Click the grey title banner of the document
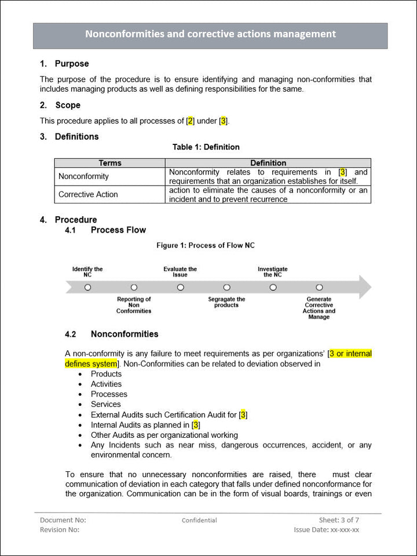[210, 35]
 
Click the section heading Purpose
[71, 64]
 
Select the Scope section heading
[68, 105]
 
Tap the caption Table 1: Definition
[206, 147]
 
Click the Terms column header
[110, 163]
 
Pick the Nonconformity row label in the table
[83, 176]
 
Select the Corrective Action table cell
[88, 194]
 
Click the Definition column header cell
[268, 163]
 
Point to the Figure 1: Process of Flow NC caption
[206, 245]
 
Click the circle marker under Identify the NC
[87, 287]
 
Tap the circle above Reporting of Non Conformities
[134, 287]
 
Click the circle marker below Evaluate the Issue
[180, 287]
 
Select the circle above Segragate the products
[226, 287]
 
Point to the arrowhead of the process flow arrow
[365, 287]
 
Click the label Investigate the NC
[272, 272]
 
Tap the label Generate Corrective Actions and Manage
[319, 308]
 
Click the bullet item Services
[106, 404]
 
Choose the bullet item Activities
[106, 384]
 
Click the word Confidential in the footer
[199, 520]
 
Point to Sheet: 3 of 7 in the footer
[339, 519]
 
